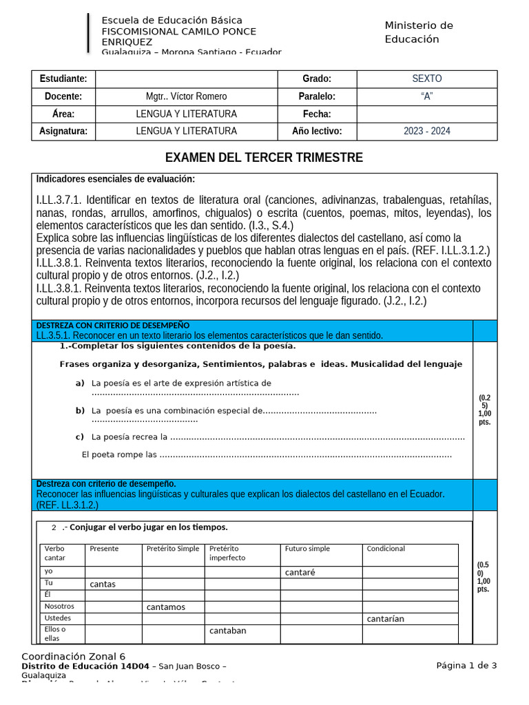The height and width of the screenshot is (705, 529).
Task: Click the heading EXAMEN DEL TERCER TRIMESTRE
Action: pos(264,158)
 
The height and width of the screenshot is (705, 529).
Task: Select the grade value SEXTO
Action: pos(427,78)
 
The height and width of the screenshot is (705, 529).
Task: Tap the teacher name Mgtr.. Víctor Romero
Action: pos(186,96)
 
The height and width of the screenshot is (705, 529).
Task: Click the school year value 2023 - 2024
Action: pos(427,131)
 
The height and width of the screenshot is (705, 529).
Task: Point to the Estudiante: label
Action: pos(63,78)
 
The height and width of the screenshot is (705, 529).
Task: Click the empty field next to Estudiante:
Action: pos(186,78)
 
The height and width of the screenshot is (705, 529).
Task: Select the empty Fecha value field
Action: pos(427,114)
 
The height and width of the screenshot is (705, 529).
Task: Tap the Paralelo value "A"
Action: pos(427,96)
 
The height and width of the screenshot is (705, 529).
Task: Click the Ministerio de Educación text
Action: pos(419,32)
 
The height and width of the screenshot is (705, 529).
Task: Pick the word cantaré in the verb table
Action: pos(300,572)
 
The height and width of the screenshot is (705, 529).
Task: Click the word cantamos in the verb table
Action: pos(166,607)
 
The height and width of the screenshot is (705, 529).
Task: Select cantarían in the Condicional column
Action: pos(386,619)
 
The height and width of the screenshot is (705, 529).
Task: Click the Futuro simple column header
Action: pos(307,549)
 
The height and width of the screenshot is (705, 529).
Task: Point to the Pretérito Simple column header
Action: pos(173,549)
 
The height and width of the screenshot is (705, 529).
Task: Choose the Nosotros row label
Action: pos(59,607)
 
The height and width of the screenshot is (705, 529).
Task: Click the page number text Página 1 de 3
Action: pos(466,665)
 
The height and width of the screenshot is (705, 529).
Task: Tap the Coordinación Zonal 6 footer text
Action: pos(73,656)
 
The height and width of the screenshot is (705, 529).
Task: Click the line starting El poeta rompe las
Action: pos(266,454)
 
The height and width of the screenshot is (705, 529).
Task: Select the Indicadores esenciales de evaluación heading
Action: pos(116,180)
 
